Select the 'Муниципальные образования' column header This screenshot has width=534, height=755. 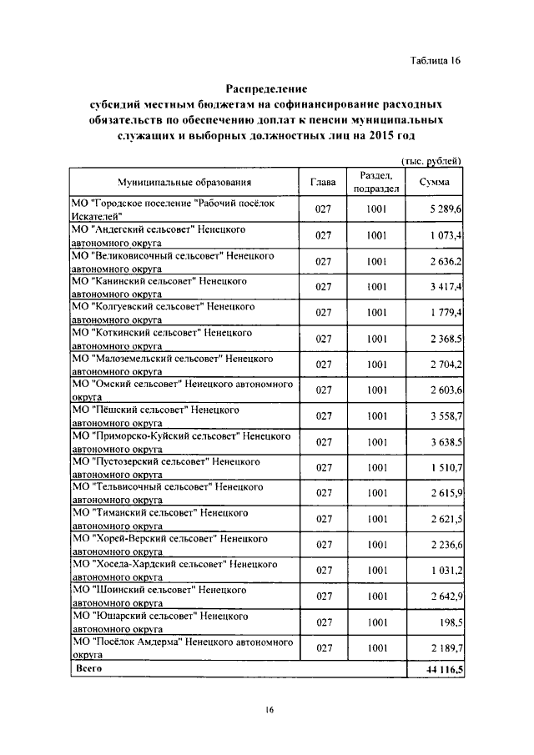[x=184, y=182]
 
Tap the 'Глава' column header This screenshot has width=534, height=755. [x=323, y=182]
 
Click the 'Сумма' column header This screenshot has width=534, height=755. [x=435, y=182]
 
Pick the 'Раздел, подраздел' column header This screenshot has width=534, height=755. [x=376, y=182]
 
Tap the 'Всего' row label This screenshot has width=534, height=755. [x=88, y=669]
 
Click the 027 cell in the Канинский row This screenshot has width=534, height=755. [x=324, y=287]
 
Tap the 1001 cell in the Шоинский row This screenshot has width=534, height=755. [x=375, y=596]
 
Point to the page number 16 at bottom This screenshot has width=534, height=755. [x=270, y=710]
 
